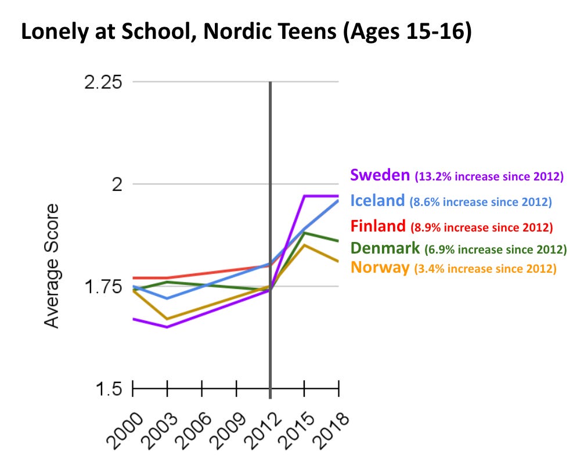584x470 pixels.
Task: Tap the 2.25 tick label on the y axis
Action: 103,82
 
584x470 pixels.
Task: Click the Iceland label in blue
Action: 377,201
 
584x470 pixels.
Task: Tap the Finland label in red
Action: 378,226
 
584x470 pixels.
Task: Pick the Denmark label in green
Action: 385,249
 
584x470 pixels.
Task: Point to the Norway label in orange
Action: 380,268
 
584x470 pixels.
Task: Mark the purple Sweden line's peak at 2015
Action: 305,196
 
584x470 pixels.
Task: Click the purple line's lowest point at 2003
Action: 167,327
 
